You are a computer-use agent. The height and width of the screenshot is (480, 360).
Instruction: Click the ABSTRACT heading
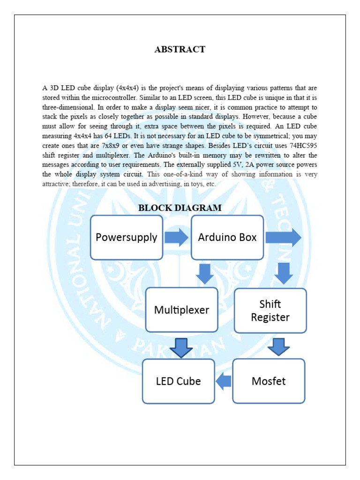180,50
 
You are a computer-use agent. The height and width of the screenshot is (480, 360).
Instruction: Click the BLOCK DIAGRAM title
180,208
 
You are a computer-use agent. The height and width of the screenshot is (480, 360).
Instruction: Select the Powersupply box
127,237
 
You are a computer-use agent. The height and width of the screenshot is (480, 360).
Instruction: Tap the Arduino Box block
227,237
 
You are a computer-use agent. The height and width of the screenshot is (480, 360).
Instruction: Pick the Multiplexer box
181,310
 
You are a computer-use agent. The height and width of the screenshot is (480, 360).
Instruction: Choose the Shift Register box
270,311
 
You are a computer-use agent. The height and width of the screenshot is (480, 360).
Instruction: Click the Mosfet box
269,381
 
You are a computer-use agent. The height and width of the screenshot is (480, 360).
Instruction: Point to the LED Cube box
178,381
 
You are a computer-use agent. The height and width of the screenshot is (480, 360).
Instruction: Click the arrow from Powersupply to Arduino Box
176,237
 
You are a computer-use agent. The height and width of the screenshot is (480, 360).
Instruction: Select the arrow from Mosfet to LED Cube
224,381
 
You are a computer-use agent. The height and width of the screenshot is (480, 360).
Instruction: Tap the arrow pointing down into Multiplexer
205,274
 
